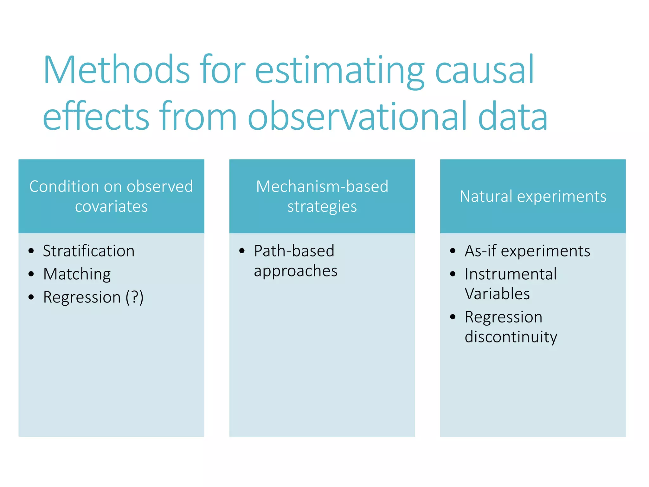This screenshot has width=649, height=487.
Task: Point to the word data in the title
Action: tap(512, 116)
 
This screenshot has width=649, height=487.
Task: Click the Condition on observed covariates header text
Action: tap(111, 196)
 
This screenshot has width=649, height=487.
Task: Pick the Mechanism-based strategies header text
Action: tap(322, 196)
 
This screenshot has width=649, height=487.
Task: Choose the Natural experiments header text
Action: tap(533, 196)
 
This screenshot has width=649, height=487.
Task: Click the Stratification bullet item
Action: tap(89, 251)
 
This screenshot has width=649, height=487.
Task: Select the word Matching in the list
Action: tap(77, 274)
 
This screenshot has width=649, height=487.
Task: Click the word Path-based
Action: tap(294, 251)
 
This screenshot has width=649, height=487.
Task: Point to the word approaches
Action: tap(295, 271)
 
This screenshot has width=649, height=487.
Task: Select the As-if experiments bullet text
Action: tap(527, 251)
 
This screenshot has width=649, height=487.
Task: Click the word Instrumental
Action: tap(511, 274)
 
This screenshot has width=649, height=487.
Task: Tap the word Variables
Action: tap(497, 294)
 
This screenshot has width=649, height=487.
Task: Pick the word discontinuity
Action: tap(511, 337)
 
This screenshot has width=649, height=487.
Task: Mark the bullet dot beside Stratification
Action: tap(31, 251)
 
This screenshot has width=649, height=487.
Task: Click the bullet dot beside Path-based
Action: tap(242, 251)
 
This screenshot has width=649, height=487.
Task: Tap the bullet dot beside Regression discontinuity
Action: tap(453, 317)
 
